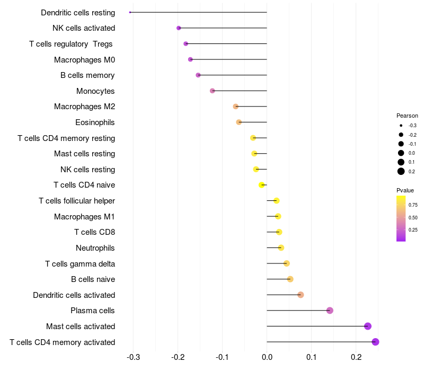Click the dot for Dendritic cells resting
tap(130, 12)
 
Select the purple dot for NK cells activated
tap(179, 28)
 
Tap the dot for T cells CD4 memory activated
tap(375, 342)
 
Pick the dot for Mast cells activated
tap(367, 326)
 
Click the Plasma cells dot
tap(330, 311)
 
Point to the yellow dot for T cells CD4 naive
tap(261, 185)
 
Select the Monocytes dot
tap(213, 91)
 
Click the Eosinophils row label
tap(95, 122)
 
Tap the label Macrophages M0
tap(85, 60)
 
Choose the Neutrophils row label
tap(95, 248)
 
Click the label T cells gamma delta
tap(80, 264)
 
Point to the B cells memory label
tap(87, 75)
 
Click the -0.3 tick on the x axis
tap(134, 357)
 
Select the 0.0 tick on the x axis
tap(267, 357)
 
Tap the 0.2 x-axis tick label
tap(356, 357)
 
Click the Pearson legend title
tap(407, 116)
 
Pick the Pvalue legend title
tap(405, 190)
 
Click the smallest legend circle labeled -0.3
tap(401, 126)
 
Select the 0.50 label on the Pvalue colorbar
tap(413, 218)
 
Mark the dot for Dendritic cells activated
tap(301, 295)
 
